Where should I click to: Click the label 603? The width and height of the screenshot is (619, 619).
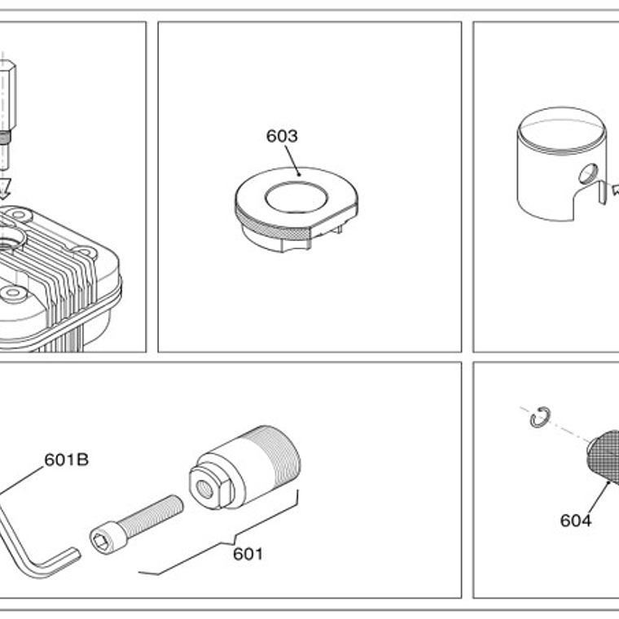[x=282, y=136]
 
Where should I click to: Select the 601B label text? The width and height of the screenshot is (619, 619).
[x=67, y=459]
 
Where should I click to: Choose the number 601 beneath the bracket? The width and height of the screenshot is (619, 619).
[x=248, y=554]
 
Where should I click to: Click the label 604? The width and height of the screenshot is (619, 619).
[x=575, y=520]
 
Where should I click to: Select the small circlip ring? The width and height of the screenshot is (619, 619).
[x=538, y=418]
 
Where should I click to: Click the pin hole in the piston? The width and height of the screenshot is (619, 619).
[x=586, y=173]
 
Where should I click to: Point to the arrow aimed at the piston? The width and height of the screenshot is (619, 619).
[x=610, y=191]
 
